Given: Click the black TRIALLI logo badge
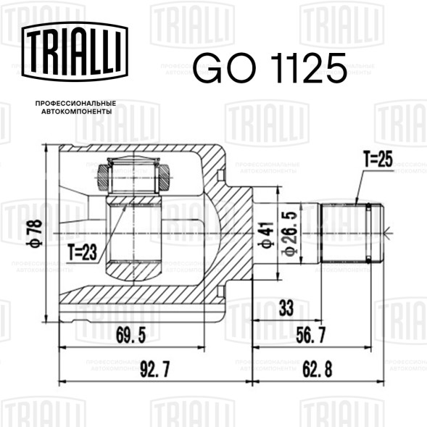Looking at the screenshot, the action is [x=75, y=51].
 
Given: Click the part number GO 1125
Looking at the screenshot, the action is [x=270, y=67].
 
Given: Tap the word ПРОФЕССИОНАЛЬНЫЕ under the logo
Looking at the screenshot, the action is [x=75, y=104].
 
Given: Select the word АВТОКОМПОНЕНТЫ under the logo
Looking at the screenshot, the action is [x=77, y=112].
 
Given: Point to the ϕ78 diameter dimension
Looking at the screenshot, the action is [x=35, y=233].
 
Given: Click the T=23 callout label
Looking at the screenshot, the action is [x=83, y=252].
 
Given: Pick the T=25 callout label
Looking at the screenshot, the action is [x=378, y=159].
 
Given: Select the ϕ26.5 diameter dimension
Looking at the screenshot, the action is [x=289, y=233].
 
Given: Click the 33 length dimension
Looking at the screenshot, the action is [x=286, y=307].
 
